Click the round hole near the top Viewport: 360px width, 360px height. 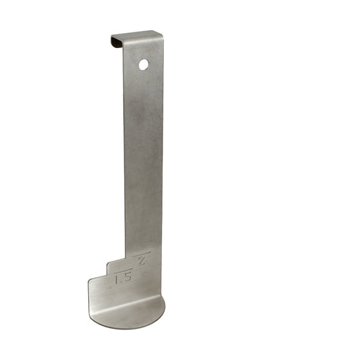coord(143,64)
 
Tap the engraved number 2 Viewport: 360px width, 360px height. coord(142,260)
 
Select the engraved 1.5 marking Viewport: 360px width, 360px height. coord(123,278)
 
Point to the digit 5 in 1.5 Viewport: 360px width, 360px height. coord(127,277)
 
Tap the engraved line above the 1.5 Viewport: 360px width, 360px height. coord(122,271)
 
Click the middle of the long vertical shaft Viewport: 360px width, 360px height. coord(143,156)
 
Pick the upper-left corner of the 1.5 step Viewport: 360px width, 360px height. coord(108,262)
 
